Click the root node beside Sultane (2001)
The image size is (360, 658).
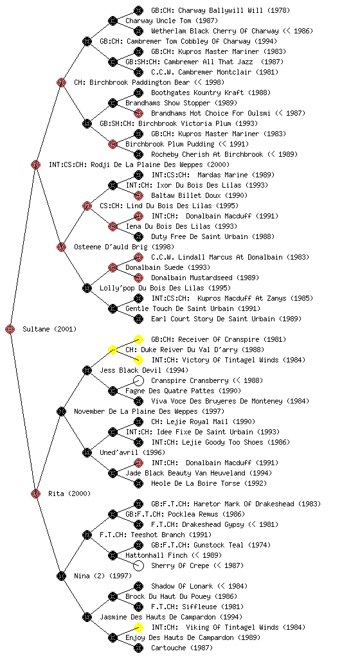pyautogui.click(x=10, y=329)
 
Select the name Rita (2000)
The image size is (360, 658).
pyautogui.click(x=69, y=493)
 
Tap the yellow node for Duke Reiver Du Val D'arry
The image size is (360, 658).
pyautogui.click(x=113, y=350)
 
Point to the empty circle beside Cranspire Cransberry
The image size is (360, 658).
pyautogui.click(x=138, y=380)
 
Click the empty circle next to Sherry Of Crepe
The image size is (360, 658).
pyautogui.click(x=138, y=565)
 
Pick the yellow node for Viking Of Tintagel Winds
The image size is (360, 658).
pyautogui.click(x=138, y=627)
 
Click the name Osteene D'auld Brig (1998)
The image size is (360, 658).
pyautogui.click(x=124, y=247)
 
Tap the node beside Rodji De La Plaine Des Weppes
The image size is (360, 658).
pyautogui.click(x=35, y=164)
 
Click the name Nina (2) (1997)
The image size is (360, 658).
pyautogui.click(x=103, y=576)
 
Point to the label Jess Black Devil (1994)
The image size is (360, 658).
pyautogui.click(x=144, y=370)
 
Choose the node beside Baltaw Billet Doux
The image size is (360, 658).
pyautogui.click(x=138, y=195)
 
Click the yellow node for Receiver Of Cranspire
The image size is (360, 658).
pyautogui.click(x=138, y=339)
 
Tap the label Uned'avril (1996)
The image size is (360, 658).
pyautogui.click(x=132, y=452)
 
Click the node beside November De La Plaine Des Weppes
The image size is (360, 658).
pyautogui.click(x=61, y=411)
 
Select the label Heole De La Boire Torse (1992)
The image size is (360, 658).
pyautogui.click(x=209, y=483)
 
